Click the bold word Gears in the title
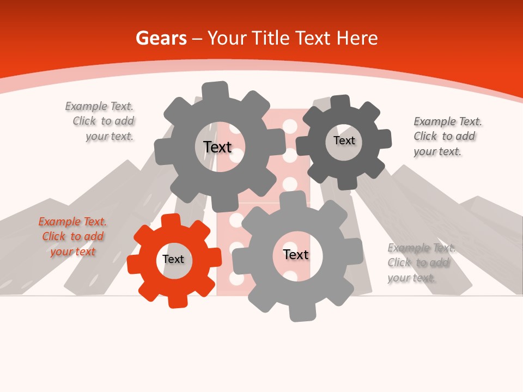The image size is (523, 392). pyautogui.click(x=161, y=38)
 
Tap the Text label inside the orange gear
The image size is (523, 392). pyautogui.click(x=173, y=259)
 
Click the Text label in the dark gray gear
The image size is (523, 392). pyautogui.click(x=344, y=140)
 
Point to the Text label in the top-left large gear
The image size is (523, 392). pyautogui.click(x=217, y=147)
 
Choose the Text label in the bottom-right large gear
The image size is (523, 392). pyautogui.click(x=296, y=254)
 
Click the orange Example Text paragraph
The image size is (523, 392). pyautogui.click(x=72, y=236)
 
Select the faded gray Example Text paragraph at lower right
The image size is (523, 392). pyautogui.click(x=421, y=262)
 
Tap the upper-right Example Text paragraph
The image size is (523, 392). pyautogui.click(x=447, y=136)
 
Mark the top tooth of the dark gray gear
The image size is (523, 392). pyautogui.click(x=340, y=102)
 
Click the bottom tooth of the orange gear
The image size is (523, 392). pyautogui.click(x=178, y=301)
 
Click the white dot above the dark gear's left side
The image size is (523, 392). pyautogui.click(x=290, y=126)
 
